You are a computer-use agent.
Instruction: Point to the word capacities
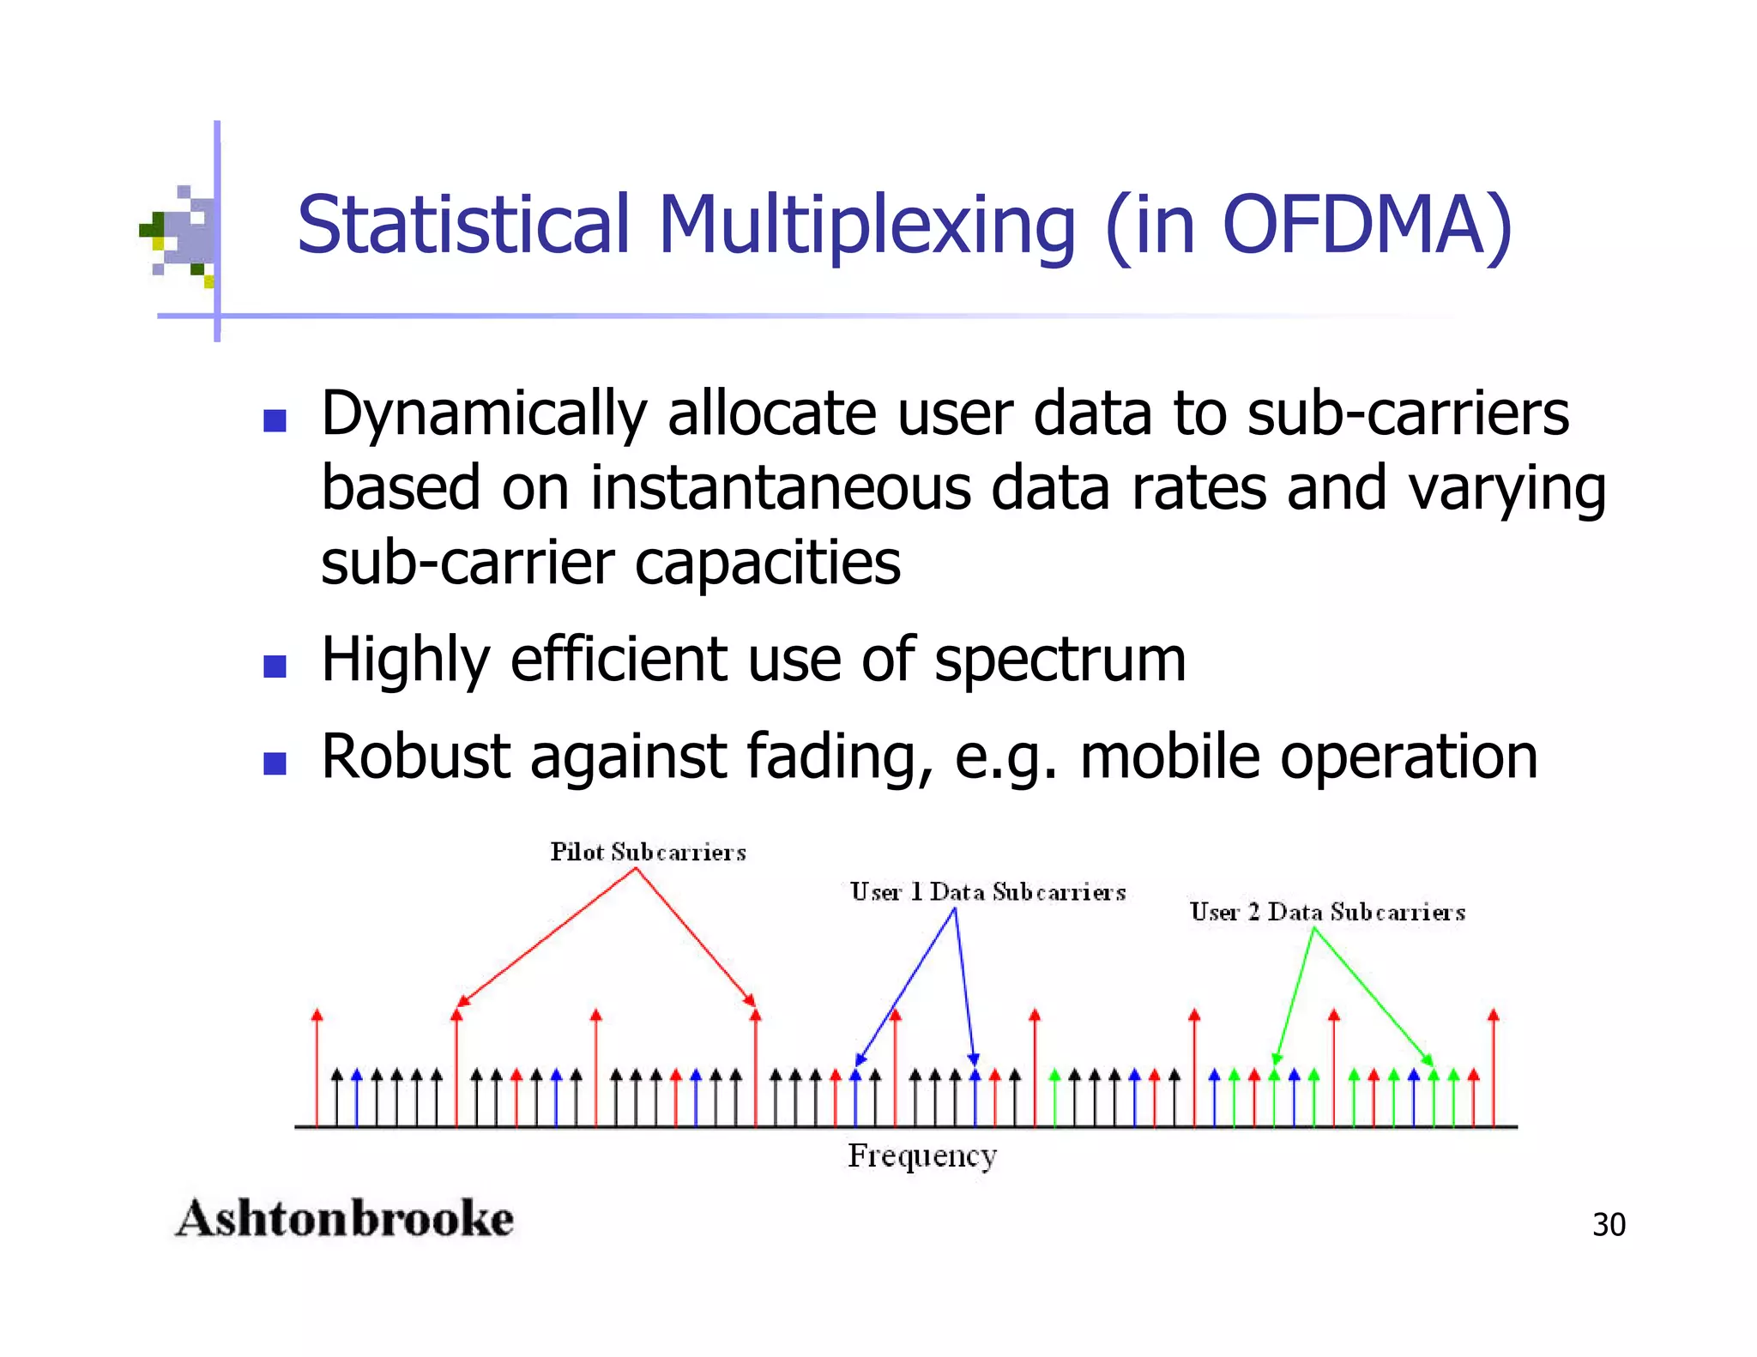pos(768,564)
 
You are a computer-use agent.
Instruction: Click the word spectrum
pos(1060,660)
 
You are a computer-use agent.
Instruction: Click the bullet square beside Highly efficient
pos(275,666)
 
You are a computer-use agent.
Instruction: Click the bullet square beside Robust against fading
pos(275,763)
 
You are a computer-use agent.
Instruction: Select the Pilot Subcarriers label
pos(648,853)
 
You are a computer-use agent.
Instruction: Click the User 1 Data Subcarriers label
pos(987,893)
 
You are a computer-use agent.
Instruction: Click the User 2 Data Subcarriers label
pos(1327,913)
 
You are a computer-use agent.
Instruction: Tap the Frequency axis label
pos(922,1155)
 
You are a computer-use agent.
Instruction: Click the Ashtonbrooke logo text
pos(344,1219)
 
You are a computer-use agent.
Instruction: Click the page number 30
pos(1609,1225)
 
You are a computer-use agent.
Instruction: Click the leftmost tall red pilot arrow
pos(317,1068)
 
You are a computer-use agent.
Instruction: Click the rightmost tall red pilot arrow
pos(1493,1068)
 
